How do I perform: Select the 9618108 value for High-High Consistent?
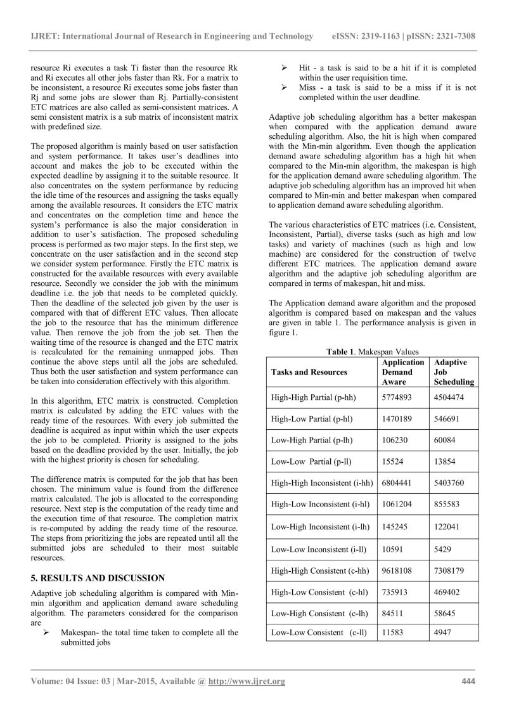tap(400, 570)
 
